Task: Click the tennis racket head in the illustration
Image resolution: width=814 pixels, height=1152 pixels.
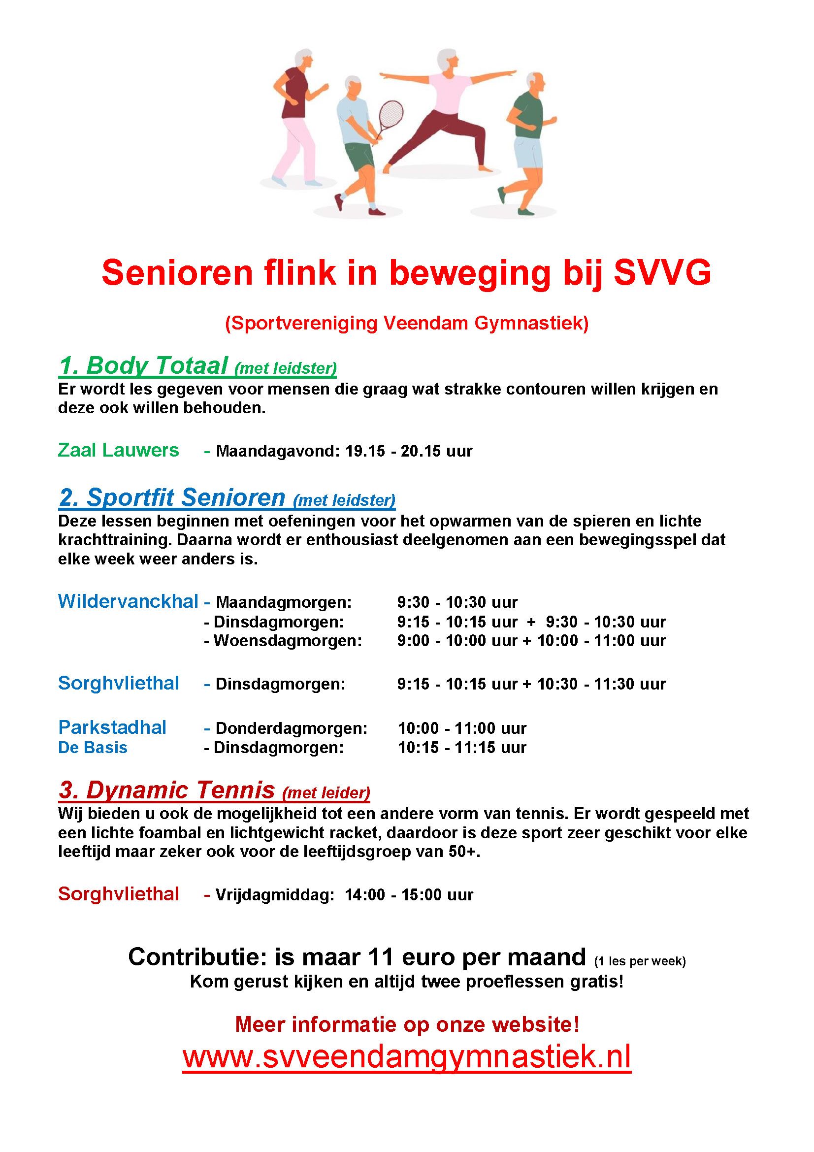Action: [390, 114]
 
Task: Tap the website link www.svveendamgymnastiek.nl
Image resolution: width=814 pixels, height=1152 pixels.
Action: [406, 1056]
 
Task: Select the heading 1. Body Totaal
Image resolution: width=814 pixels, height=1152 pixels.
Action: [143, 366]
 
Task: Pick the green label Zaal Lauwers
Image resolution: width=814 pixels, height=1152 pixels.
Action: [118, 450]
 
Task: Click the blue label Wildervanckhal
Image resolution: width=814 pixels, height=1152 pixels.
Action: [128, 601]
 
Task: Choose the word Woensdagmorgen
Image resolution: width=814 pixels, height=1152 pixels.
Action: [288, 641]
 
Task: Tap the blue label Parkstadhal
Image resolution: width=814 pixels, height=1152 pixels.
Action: [112, 727]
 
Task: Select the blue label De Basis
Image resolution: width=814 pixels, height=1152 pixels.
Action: [93, 748]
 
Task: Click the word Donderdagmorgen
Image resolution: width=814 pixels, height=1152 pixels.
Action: [292, 728]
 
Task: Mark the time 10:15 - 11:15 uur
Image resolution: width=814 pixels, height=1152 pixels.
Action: [462, 748]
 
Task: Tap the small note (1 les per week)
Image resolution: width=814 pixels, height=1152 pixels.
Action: [640, 961]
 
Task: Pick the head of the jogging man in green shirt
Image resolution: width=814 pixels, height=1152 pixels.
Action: [535, 82]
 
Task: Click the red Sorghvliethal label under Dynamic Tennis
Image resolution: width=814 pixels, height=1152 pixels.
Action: [118, 893]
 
